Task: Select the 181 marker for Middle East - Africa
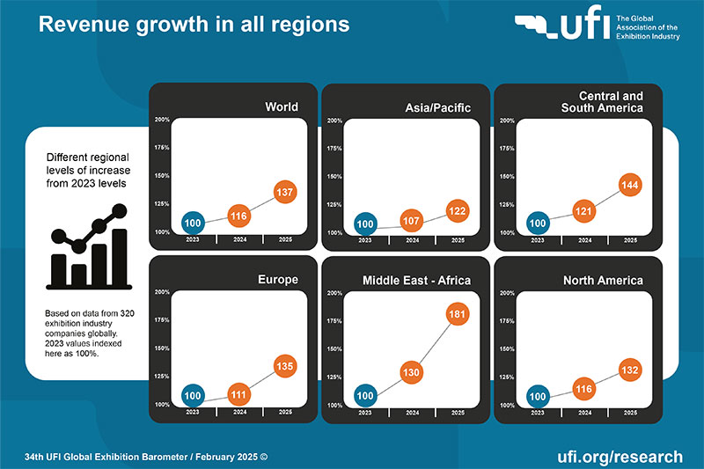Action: pos(457,315)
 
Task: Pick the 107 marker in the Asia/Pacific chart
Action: pos(411,221)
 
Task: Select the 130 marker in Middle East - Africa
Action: pos(411,373)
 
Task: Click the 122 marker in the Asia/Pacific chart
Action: pos(457,211)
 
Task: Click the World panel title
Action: pos(282,107)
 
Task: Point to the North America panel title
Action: pos(604,281)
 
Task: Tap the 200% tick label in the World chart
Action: pos(162,120)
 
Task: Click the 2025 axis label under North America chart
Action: pos(629,412)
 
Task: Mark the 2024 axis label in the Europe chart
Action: pos(238,412)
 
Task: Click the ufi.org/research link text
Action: pos(620,457)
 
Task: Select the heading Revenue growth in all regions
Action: pos(194,25)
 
